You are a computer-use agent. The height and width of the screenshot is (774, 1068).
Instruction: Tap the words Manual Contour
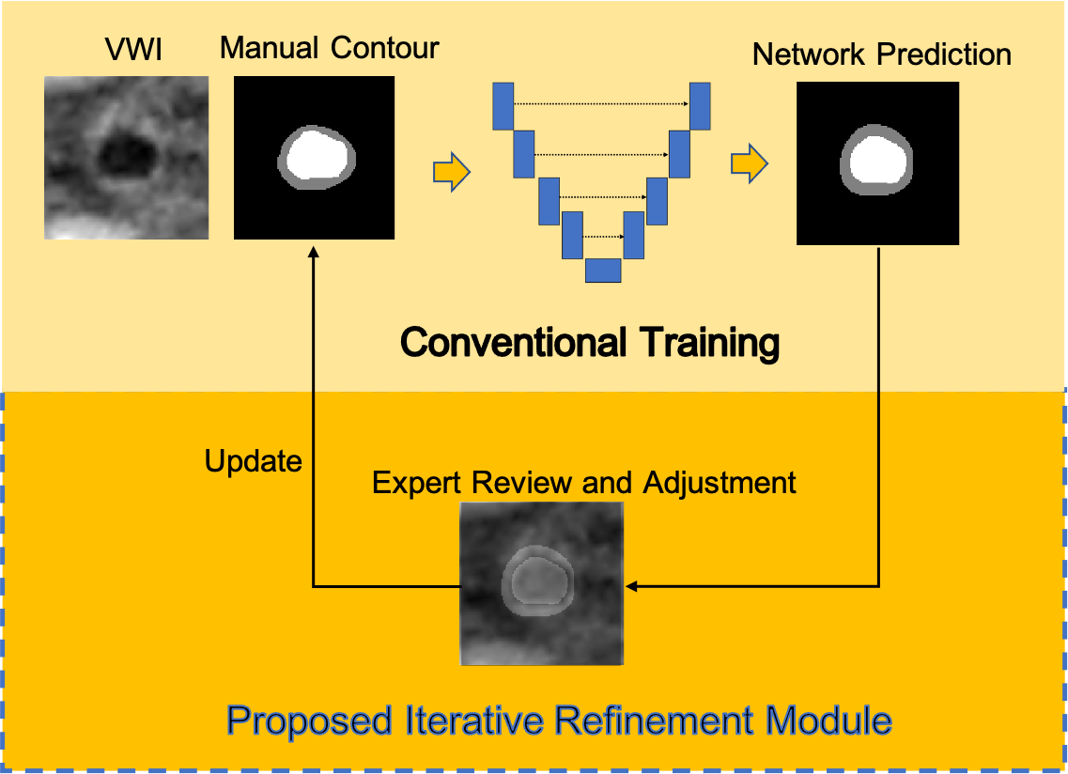329,48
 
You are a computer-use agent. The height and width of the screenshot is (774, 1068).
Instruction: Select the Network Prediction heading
881,54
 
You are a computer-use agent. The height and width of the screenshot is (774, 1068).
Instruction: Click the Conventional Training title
590,343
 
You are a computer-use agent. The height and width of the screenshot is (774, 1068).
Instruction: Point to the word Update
253,461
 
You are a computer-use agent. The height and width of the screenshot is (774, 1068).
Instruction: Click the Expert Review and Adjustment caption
583,483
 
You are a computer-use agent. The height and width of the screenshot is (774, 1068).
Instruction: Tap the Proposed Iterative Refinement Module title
559,721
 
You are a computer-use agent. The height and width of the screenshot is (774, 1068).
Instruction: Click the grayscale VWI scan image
126,158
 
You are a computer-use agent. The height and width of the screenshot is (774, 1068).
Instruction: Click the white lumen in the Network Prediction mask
877,160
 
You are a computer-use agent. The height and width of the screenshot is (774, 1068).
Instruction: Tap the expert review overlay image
542,583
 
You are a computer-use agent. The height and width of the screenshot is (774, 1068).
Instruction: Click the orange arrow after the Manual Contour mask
451,172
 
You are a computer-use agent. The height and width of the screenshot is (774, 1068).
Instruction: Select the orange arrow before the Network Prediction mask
749,164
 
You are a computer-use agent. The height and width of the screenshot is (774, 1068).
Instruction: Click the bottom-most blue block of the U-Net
603,271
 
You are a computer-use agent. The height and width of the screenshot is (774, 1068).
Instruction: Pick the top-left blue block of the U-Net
503,105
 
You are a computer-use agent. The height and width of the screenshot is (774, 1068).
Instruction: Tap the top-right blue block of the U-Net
699,105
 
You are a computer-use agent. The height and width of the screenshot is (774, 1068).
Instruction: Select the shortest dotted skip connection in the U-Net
603,237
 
